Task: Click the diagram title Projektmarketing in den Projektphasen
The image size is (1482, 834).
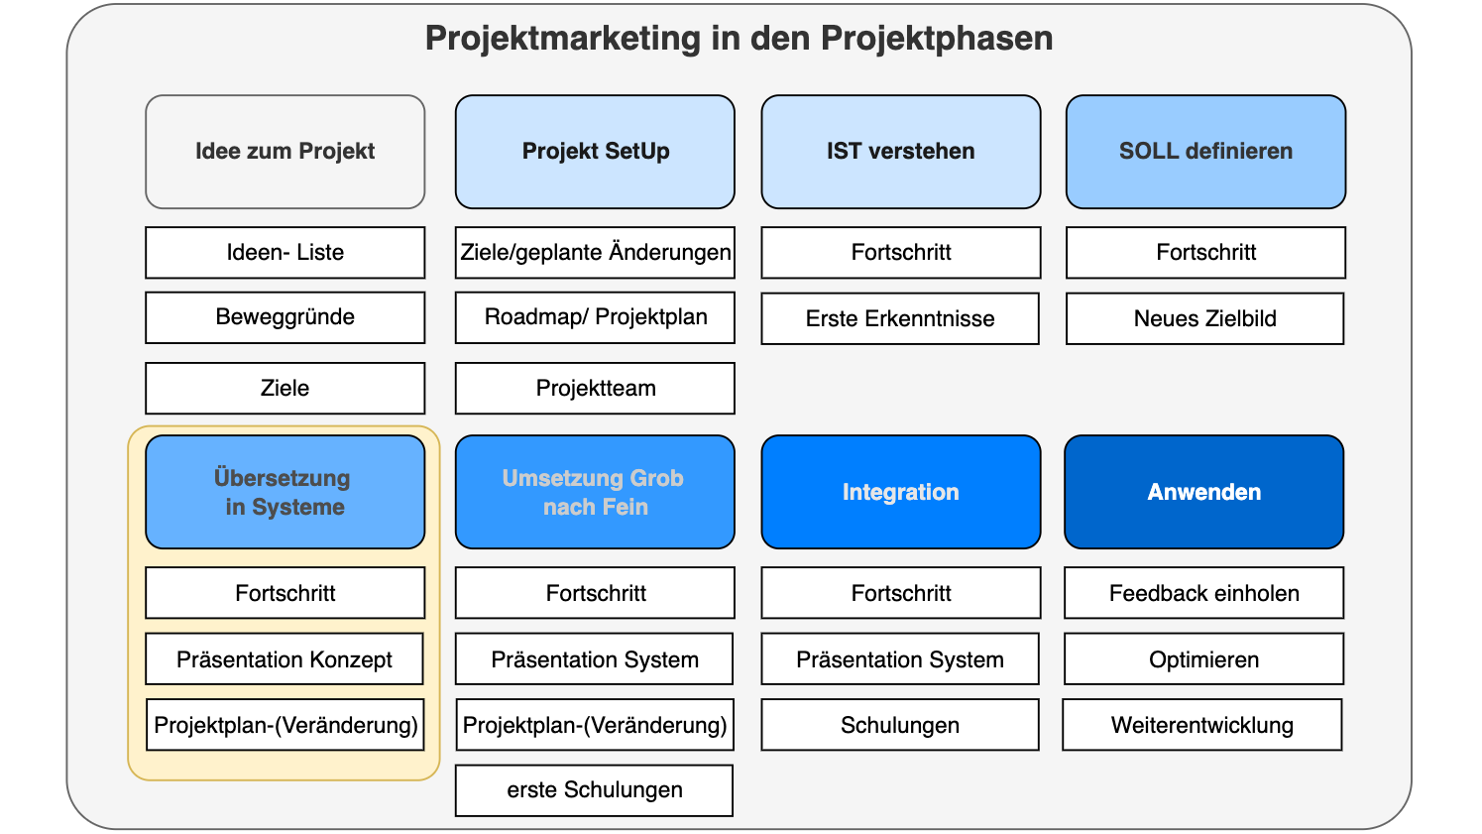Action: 739,39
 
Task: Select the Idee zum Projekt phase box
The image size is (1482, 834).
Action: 285,152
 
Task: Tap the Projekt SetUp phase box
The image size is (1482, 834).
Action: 595,152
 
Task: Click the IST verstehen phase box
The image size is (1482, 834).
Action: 900,152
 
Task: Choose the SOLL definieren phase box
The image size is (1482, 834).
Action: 1205,152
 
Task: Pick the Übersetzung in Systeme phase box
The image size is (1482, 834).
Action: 285,492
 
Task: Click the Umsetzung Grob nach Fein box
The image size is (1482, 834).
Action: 595,492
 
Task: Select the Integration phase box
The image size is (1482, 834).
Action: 900,492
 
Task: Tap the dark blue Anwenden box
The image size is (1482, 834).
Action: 1203,492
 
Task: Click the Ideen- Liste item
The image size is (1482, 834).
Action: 285,253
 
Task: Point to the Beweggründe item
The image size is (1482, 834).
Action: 285,317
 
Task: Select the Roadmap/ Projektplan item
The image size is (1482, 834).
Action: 595,317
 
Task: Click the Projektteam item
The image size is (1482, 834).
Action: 595,388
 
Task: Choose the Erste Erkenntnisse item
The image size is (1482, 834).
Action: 900,318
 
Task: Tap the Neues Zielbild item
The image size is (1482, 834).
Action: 1204,318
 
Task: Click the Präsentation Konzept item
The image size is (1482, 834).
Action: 285,659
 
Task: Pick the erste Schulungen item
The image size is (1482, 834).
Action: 594,790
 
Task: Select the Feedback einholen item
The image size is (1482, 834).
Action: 1203,593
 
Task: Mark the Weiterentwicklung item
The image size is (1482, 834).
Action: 1201,725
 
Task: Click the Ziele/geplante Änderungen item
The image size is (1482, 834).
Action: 595,253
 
